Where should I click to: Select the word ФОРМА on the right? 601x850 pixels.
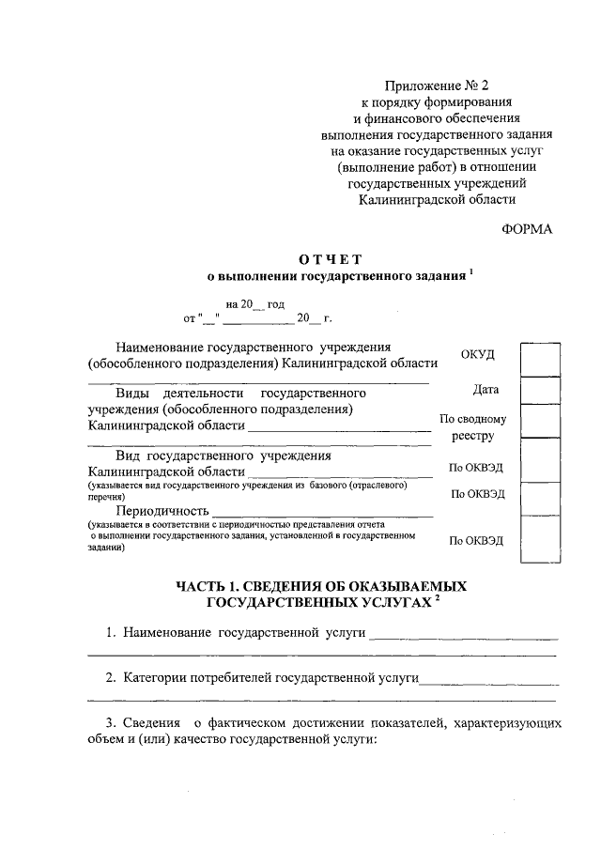pyautogui.click(x=528, y=229)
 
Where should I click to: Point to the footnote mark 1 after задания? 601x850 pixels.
pyautogui.click(x=471, y=272)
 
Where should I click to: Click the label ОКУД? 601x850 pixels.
pyautogui.click(x=478, y=353)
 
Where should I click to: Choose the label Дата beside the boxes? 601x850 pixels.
pyautogui.click(x=486, y=389)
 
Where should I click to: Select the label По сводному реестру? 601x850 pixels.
pyautogui.click(x=472, y=427)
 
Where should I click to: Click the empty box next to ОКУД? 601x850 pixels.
pyautogui.click(x=540, y=359)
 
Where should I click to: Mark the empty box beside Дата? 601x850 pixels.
pyautogui.click(x=540, y=390)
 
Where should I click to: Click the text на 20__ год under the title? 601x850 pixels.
pyautogui.click(x=254, y=304)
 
